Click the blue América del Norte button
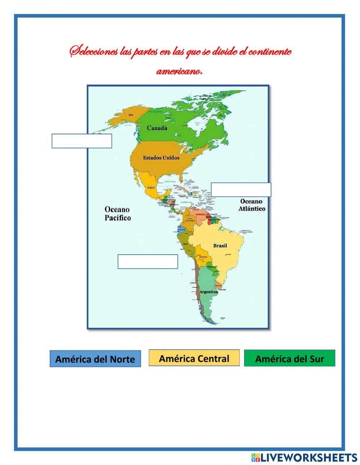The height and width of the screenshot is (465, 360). click(95, 359)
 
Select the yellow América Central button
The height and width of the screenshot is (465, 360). click(194, 358)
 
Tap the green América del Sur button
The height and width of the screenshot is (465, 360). click(289, 358)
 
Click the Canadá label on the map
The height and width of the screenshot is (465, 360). click(157, 128)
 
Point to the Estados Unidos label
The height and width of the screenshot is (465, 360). click(161, 157)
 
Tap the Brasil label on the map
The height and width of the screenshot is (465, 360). click(220, 246)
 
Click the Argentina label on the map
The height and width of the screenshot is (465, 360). click(209, 292)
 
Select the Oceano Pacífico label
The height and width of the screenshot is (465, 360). click(118, 214)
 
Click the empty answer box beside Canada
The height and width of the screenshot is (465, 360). click(82, 141)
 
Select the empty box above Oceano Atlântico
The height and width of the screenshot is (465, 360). click(241, 189)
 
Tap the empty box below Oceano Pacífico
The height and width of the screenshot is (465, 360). click(148, 261)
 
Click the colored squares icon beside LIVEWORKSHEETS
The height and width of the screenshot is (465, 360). click(256, 457)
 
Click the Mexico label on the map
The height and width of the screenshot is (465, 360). click(151, 188)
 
